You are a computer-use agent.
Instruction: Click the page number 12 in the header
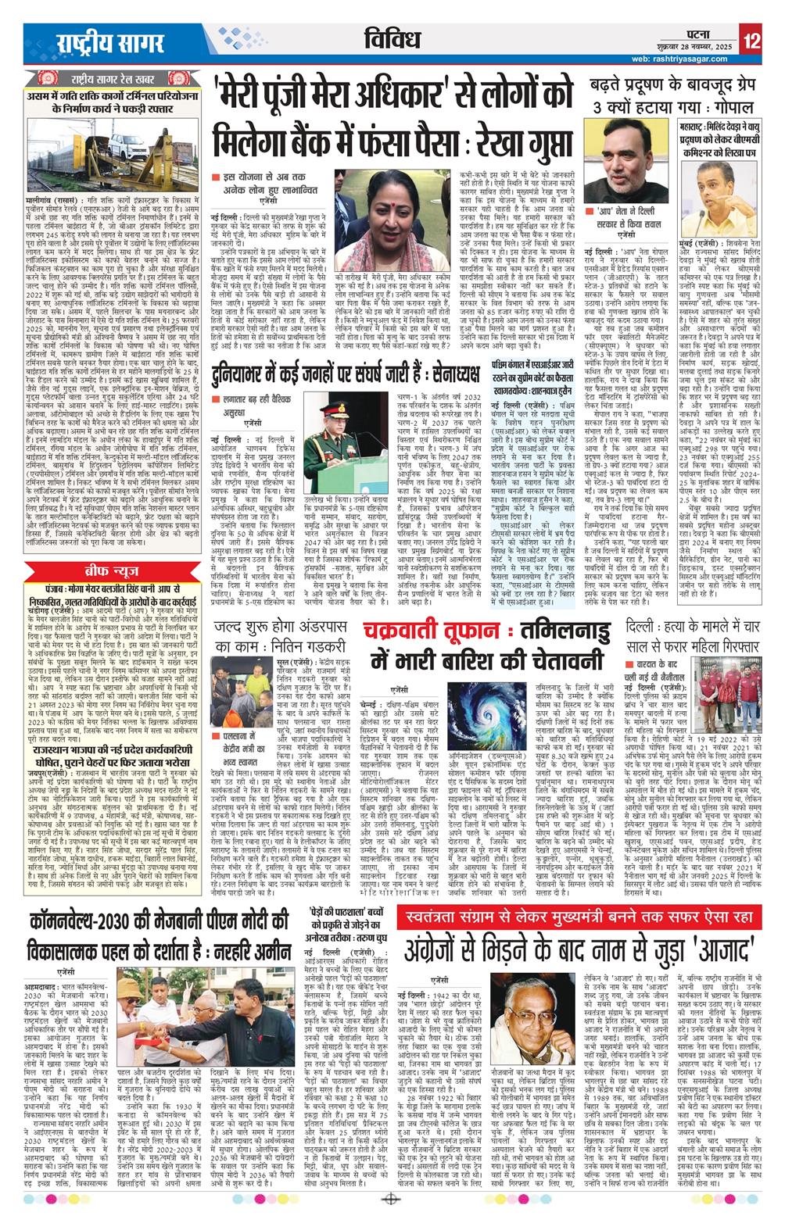(752, 40)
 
